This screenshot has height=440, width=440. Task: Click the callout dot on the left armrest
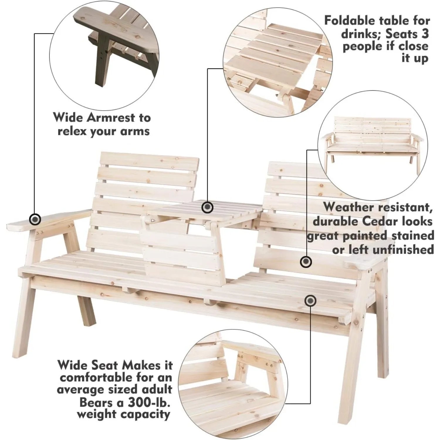pyautogui.click(x=35, y=219)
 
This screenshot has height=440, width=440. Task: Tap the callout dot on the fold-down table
pyautogui.click(x=208, y=207)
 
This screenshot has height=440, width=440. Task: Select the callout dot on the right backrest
pyautogui.click(x=306, y=261)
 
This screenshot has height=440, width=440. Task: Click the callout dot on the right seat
pyautogui.click(x=310, y=301)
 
